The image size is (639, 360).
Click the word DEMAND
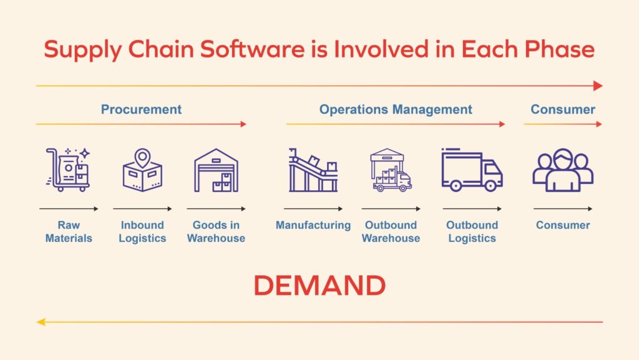319,286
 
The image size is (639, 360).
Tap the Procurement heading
141,110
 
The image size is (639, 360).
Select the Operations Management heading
396,110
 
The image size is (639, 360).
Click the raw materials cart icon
68,169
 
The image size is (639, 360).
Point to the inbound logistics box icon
142,170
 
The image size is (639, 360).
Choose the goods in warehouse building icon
216,170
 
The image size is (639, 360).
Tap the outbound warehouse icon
391,170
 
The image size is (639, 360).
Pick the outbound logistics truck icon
472,170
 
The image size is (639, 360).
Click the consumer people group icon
563,170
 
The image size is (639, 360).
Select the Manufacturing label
313,225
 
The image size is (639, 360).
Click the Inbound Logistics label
142,231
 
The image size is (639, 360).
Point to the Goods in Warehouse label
216,231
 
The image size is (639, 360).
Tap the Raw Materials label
69,231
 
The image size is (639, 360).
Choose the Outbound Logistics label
472,231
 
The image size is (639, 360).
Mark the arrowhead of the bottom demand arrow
41,322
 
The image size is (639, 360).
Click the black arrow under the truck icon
472,209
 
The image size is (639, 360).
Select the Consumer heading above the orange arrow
563,110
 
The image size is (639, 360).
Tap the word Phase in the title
561,50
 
